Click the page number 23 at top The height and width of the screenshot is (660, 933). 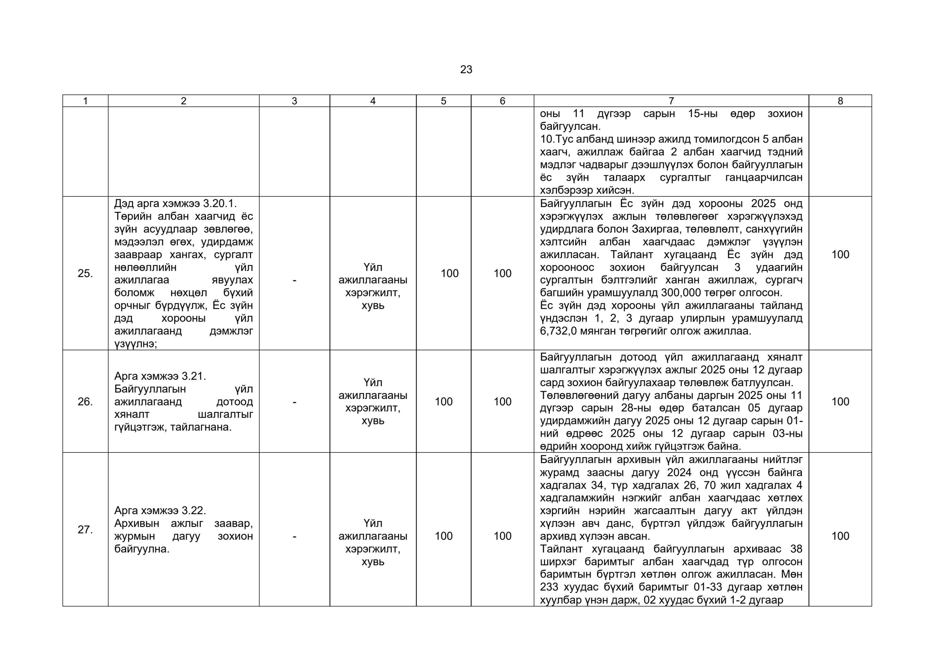point(466,70)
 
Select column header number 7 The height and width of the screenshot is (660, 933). point(671,101)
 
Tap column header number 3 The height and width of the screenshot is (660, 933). point(294,101)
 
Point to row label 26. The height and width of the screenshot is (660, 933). point(85,402)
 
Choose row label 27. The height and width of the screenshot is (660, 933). point(85,530)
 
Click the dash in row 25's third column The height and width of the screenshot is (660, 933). point(294,280)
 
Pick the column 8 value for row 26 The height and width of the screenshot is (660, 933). point(840,402)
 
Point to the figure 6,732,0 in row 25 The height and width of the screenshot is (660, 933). point(558,331)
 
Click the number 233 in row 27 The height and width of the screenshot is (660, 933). point(549,587)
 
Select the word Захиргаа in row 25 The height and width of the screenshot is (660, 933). point(654,229)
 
